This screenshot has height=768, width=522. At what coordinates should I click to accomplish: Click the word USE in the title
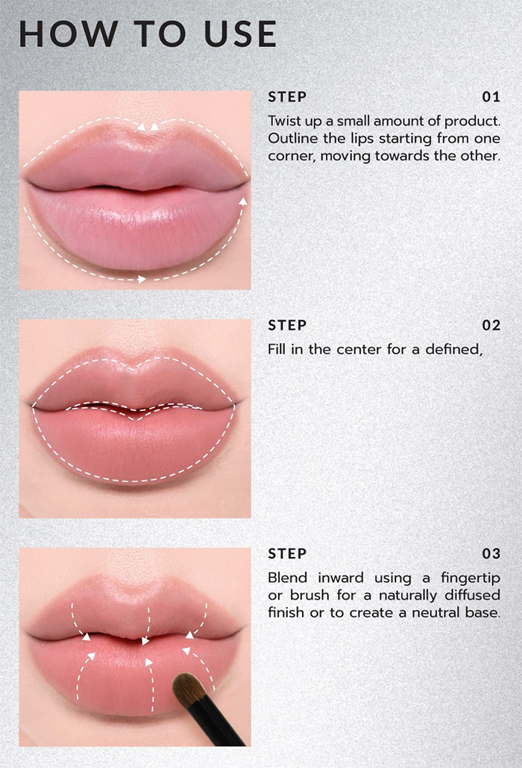(x=237, y=34)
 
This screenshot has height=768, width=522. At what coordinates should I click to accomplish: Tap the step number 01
(x=491, y=97)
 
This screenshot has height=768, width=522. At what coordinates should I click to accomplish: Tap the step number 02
(x=491, y=326)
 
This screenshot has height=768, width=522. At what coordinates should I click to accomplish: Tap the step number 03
(x=491, y=554)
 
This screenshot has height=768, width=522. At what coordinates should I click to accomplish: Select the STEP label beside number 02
(x=287, y=326)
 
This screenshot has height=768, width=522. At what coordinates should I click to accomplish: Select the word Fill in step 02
(x=277, y=349)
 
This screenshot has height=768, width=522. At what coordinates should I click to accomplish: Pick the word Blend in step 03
(x=286, y=578)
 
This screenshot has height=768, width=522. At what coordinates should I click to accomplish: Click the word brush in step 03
(x=308, y=596)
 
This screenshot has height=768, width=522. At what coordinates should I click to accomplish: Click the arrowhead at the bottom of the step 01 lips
(x=141, y=280)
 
